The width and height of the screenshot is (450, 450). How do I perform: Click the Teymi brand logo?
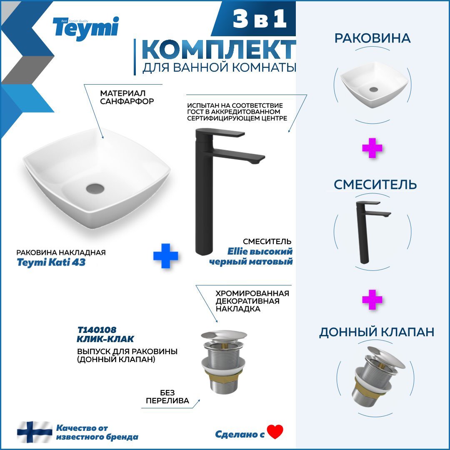(85, 28)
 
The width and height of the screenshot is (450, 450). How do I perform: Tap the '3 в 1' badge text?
(260, 19)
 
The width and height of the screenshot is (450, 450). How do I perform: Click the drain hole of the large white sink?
(95, 188)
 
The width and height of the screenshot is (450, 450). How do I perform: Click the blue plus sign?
(165, 256)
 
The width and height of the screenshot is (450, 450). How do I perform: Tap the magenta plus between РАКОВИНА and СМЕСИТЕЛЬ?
(372, 148)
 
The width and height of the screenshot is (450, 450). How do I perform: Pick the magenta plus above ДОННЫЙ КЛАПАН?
(372, 300)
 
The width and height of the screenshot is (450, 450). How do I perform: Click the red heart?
(275, 431)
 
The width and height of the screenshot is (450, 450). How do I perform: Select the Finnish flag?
(35, 432)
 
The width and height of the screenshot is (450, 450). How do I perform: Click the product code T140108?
(97, 330)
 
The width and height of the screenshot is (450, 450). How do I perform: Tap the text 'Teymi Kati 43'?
(51, 262)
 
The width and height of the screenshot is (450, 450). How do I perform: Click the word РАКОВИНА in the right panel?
(372, 38)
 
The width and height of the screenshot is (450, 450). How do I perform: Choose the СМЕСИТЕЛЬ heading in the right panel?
(375, 185)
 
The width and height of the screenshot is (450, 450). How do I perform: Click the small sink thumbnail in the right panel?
(374, 85)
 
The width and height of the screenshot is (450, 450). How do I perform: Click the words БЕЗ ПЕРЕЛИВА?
(167, 397)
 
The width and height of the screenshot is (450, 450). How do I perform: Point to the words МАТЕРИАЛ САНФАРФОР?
(127, 97)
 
